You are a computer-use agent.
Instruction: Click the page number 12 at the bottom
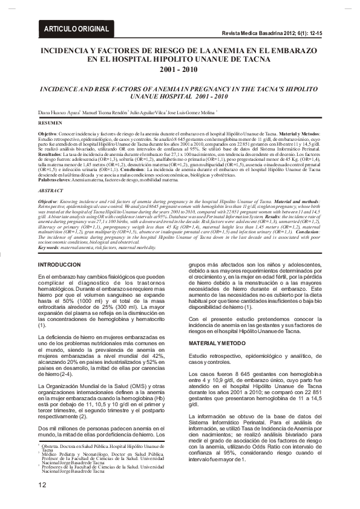click(x=42, y=485)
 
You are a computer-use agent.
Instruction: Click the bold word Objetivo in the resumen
click(x=48, y=132)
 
